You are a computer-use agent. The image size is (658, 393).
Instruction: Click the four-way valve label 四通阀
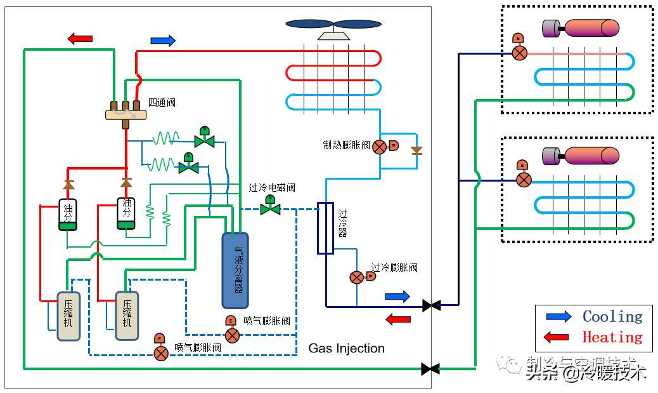click(x=162, y=102)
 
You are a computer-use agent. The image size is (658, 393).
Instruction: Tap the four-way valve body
click(x=126, y=114)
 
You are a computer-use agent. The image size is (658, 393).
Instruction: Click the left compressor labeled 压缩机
click(x=68, y=316)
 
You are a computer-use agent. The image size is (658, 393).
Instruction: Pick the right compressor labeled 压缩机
click(x=127, y=316)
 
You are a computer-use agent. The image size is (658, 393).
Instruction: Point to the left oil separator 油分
click(x=68, y=215)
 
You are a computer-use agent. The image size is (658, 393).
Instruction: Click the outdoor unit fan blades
click(x=333, y=24)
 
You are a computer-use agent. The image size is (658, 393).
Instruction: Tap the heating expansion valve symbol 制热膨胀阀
click(x=379, y=147)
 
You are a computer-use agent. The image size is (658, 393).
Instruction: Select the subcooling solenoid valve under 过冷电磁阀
click(x=271, y=208)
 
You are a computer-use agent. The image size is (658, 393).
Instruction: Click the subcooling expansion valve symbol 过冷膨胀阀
click(x=357, y=277)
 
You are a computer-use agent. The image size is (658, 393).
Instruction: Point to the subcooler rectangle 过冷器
click(x=325, y=228)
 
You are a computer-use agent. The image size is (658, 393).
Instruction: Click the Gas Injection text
click(x=346, y=348)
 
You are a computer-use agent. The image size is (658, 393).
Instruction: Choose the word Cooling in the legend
click(x=612, y=316)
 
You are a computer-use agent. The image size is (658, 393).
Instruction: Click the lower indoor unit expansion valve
click(x=523, y=180)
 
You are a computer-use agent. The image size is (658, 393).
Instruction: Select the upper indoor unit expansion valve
click(x=519, y=53)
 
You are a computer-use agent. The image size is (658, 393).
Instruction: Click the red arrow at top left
click(x=80, y=39)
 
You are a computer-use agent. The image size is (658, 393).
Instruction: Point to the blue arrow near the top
click(x=163, y=41)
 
